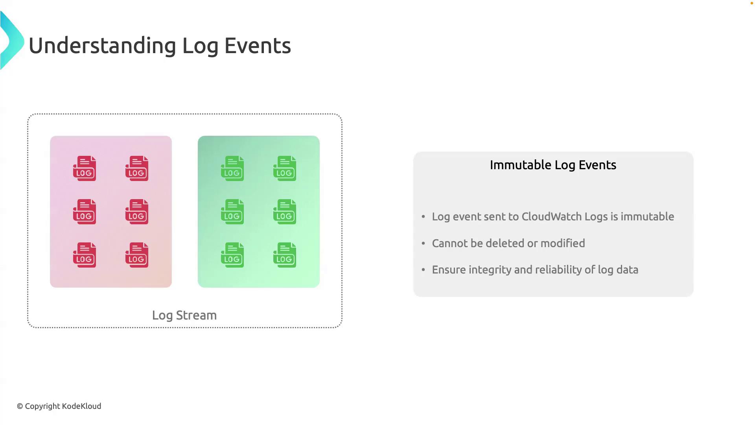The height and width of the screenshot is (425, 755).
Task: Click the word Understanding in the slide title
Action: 102,46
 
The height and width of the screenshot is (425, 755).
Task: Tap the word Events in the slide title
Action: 258,46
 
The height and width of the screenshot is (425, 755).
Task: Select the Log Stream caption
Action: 184,316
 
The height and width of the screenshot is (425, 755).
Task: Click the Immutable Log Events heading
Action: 553,165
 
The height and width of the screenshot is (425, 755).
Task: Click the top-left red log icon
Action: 85,168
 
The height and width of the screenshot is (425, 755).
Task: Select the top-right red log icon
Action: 137,168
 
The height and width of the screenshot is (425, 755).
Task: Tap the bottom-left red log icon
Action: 85,255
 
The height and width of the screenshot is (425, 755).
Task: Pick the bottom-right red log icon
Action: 137,255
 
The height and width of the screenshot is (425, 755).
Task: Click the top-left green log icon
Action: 232,168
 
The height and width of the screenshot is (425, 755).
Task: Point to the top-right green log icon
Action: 285,168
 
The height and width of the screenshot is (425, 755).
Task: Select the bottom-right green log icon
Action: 285,255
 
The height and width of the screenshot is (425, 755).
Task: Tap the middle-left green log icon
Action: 232,212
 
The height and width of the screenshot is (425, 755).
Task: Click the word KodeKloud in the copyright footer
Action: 82,406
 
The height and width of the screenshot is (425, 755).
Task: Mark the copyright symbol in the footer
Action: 20,407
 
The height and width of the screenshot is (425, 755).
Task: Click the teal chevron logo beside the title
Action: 12,41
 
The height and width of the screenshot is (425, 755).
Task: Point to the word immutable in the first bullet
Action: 647,216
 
